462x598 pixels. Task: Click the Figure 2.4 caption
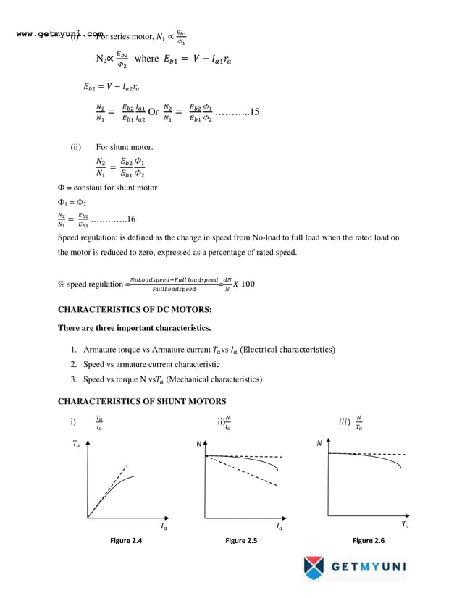coord(125,541)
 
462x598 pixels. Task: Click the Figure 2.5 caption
coord(241,541)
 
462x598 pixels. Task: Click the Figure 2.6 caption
coord(368,541)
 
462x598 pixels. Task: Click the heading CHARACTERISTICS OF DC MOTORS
coord(134,310)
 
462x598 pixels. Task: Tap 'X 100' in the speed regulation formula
coord(244,284)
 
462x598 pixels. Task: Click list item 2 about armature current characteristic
coord(151,364)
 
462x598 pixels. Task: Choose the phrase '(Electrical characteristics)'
coord(287,350)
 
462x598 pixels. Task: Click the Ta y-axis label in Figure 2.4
coord(76,445)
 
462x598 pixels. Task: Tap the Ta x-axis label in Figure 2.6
coord(405,525)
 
